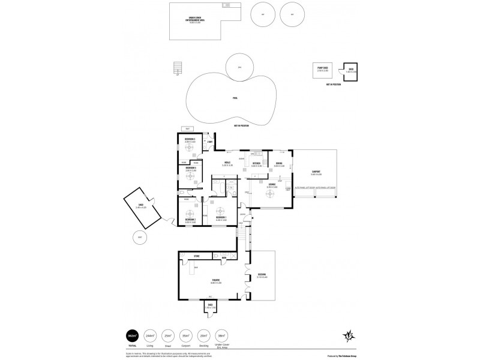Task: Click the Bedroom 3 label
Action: click(x=190, y=140)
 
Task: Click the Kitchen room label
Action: click(x=256, y=163)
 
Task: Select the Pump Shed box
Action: click(x=322, y=70)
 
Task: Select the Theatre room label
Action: click(x=215, y=280)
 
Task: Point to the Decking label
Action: click(x=261, y=275)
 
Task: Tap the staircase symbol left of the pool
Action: click(x=176, y=68)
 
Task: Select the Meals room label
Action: click(x=228, y=163)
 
